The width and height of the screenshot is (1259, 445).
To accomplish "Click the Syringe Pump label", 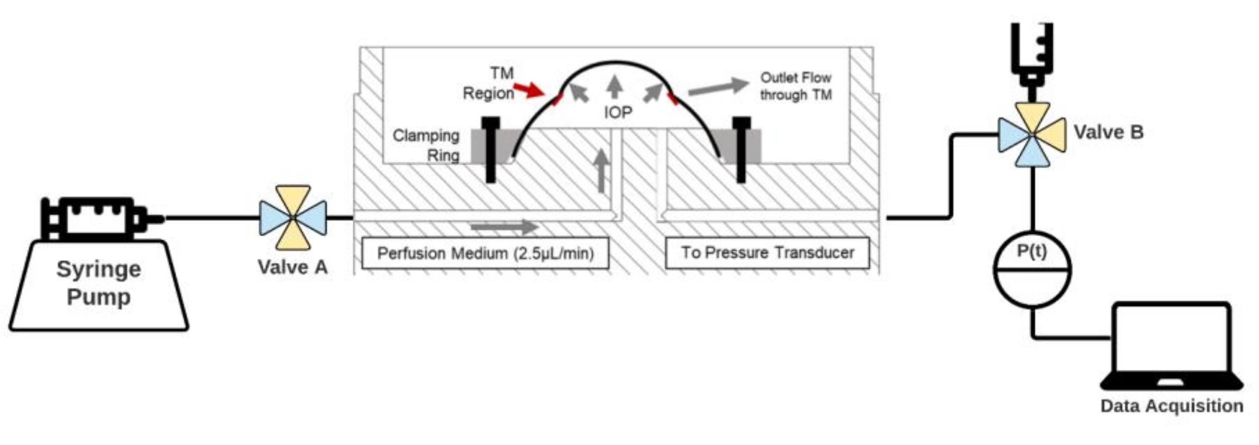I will (x=99, y=283).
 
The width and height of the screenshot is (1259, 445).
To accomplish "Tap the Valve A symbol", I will (x=293, y=217).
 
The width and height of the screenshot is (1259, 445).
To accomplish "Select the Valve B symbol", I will (x=1032, y=134).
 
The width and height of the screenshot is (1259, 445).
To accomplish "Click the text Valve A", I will (x=292, y=267).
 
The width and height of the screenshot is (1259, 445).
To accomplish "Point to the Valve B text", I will (x=1108, y=132).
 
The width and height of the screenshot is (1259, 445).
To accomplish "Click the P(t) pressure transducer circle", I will (x=1032, y=269).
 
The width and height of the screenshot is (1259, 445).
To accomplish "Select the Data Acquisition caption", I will (x=1172, y=406).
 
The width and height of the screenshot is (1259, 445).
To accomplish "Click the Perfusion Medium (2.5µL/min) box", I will (x=485, y=253).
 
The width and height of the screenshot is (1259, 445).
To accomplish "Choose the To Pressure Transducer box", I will (x=767, y=252).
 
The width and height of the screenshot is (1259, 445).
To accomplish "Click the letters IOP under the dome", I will (x=618, y=112).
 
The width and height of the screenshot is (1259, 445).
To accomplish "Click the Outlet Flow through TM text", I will (x=795, y=86).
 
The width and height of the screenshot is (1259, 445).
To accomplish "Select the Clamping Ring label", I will (x=426, y=145).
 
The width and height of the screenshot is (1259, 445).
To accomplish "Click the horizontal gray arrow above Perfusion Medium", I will (x=503, y=227).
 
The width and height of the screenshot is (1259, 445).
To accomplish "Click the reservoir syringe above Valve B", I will (x=1032, y=54).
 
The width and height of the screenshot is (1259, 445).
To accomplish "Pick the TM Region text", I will (x=489, y=83).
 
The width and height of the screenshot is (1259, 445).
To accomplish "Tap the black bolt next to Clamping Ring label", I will (x=490, y=149).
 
